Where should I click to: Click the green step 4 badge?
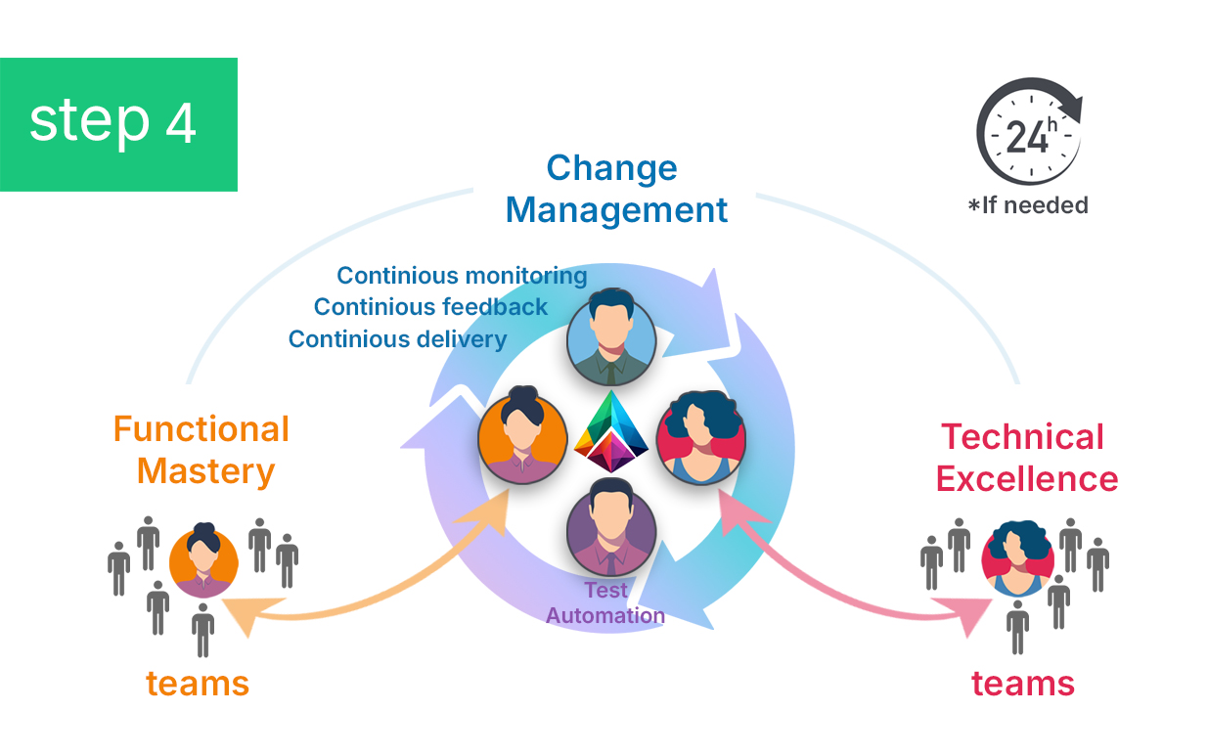118,124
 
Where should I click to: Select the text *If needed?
1027,205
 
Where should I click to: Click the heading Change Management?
616,189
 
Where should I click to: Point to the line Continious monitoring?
462,276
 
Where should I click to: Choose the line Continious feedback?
430,307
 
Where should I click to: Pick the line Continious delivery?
397,339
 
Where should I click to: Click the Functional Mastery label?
201,450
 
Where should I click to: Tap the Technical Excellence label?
1025,458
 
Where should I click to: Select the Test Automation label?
605,602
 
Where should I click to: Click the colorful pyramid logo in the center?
612,432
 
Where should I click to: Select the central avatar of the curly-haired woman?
699,439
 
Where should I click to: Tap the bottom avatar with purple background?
610,532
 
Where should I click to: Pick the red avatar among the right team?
1016,559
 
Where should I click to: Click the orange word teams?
198,683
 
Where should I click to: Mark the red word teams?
1023,683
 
